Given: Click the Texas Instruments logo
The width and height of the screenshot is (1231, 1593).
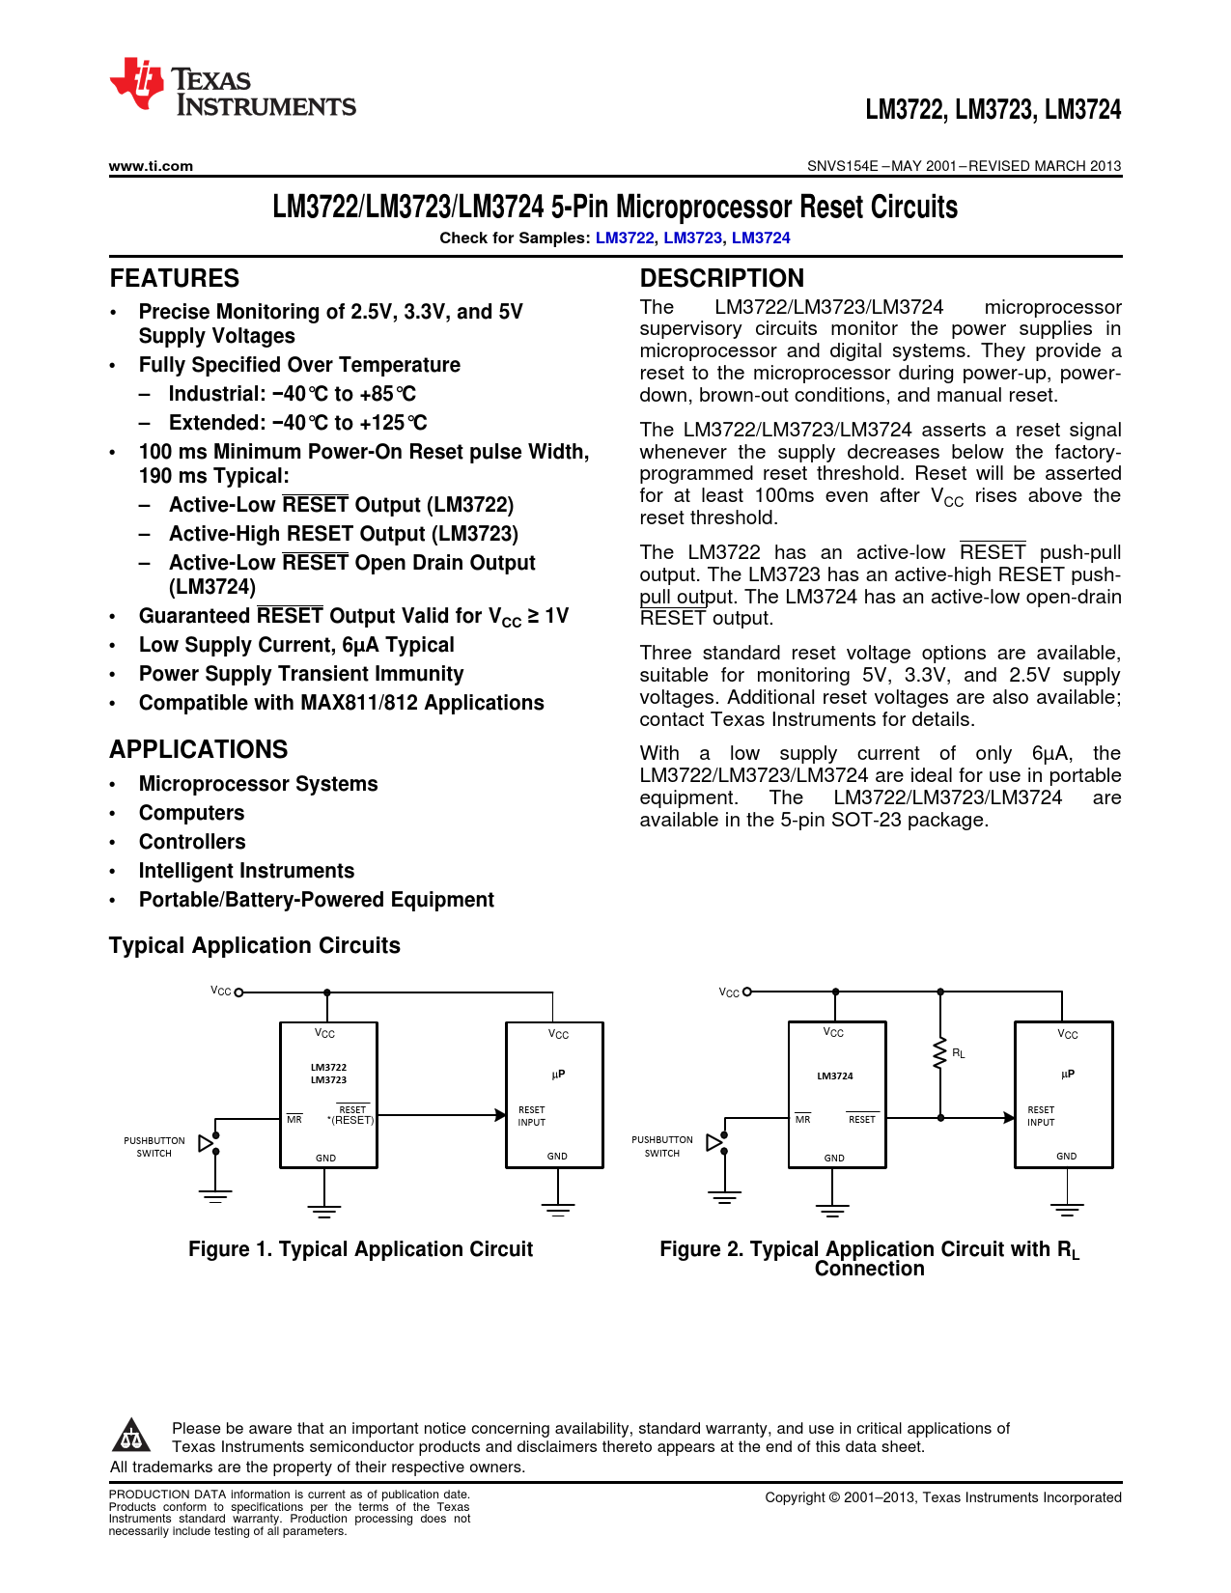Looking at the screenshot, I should click(x=232, y=88).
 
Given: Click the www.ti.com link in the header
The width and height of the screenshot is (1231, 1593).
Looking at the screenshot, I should click(x=151, y=166).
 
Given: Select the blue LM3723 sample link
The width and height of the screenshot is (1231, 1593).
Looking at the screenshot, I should click(x=692, y=238).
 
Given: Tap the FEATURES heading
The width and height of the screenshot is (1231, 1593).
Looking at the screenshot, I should click(x=175, y=278).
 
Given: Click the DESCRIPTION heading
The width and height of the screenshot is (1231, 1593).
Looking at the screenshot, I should click(x=721, y=278).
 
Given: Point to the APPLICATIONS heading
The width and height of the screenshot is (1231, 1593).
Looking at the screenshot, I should click(x=199, y=749).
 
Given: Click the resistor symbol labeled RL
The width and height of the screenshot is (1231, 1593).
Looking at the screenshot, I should click(x=939, y=1053).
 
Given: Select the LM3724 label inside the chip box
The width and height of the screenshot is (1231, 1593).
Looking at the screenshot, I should click(x=835, y=1076).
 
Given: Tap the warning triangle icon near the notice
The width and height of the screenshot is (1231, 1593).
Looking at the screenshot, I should click(x=131, y=1436).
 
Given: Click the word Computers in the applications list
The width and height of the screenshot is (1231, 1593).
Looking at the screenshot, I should click(x=191, y=813).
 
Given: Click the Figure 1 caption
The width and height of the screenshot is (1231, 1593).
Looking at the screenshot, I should click(x=360, y=1249).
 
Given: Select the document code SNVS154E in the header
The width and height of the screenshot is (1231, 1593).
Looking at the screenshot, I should click(x=842, y=166).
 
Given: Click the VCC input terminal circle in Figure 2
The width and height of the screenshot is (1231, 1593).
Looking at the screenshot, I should click(x=747, y=992).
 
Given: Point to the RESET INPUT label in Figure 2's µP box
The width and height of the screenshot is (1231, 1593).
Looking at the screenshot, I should click(x=1041, y=1116).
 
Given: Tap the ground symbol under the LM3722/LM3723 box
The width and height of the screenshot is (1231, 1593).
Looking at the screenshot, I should click(x=325, y=1210).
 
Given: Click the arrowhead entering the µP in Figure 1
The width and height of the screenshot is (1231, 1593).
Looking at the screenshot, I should click(x=500, y=1115).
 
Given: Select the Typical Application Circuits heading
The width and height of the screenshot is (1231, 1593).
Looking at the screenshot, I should click(x=255, y=945).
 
